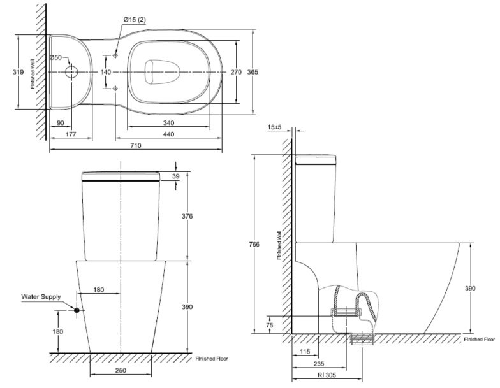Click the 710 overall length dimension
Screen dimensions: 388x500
[x=135, y=146]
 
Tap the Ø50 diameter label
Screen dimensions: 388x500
[x=56, y=58]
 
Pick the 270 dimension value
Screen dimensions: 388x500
[x=236, y=73]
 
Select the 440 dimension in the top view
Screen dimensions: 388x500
[x=168, y=134]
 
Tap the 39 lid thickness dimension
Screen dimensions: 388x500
[x=176, y=176]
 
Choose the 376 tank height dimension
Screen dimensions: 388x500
[x=187, y=217]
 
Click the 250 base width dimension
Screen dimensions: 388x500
[x=121, y=370]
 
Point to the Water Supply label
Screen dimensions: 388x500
[x=41, y=297]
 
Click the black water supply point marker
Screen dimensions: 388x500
[x=77, y=310]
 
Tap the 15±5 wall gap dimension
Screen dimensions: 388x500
[x=275, y=127]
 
